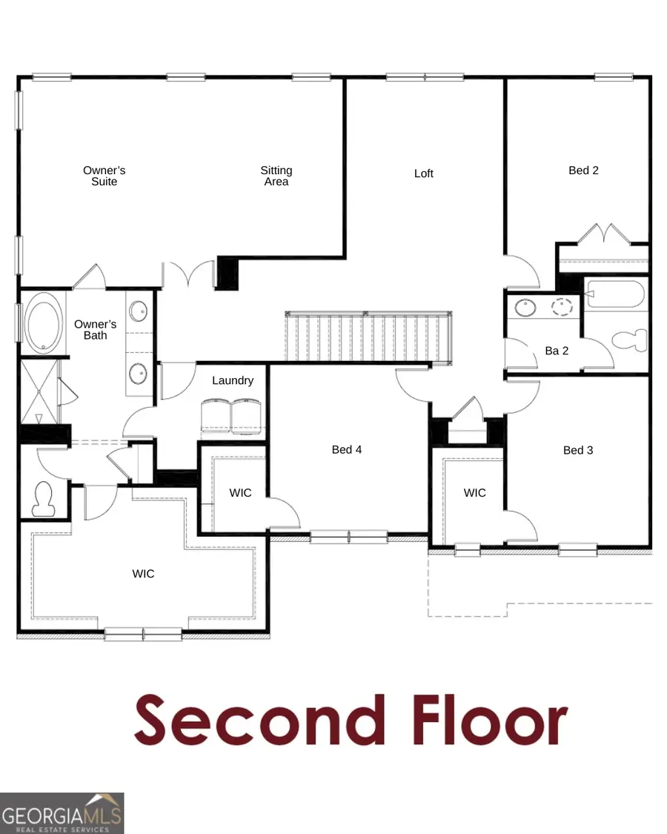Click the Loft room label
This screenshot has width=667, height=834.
424,173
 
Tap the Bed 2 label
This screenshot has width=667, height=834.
583,171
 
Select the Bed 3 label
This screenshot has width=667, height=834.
578,450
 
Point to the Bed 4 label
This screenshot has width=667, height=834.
347,449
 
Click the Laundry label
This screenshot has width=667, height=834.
233,380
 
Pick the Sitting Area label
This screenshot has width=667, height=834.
276,176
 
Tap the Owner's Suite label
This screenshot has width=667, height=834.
104,176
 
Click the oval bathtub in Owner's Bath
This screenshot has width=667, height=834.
44,323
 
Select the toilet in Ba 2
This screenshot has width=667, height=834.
631,340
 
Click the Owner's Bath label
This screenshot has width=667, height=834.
96,330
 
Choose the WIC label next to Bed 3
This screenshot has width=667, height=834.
475,492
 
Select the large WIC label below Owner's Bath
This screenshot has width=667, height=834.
144,573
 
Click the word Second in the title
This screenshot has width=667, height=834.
260,719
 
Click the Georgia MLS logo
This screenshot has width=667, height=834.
62,813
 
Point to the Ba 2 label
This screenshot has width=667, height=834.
557,351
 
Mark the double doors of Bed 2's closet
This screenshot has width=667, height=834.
603,234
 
